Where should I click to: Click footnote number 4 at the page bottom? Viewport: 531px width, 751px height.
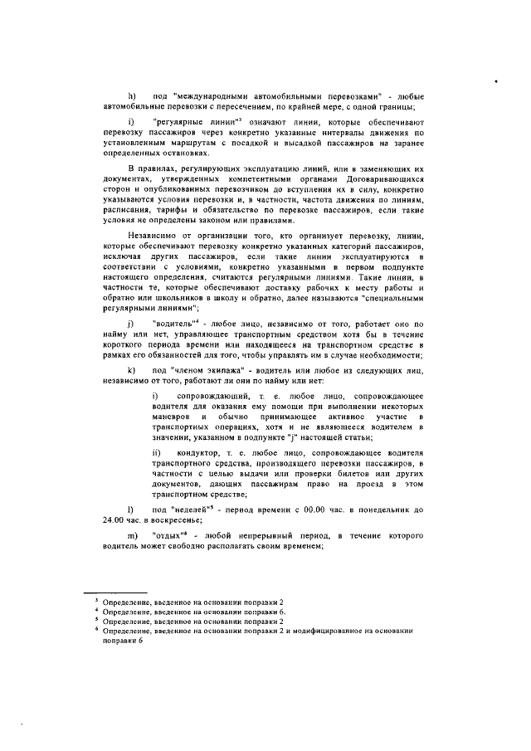(x=96, y=610)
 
